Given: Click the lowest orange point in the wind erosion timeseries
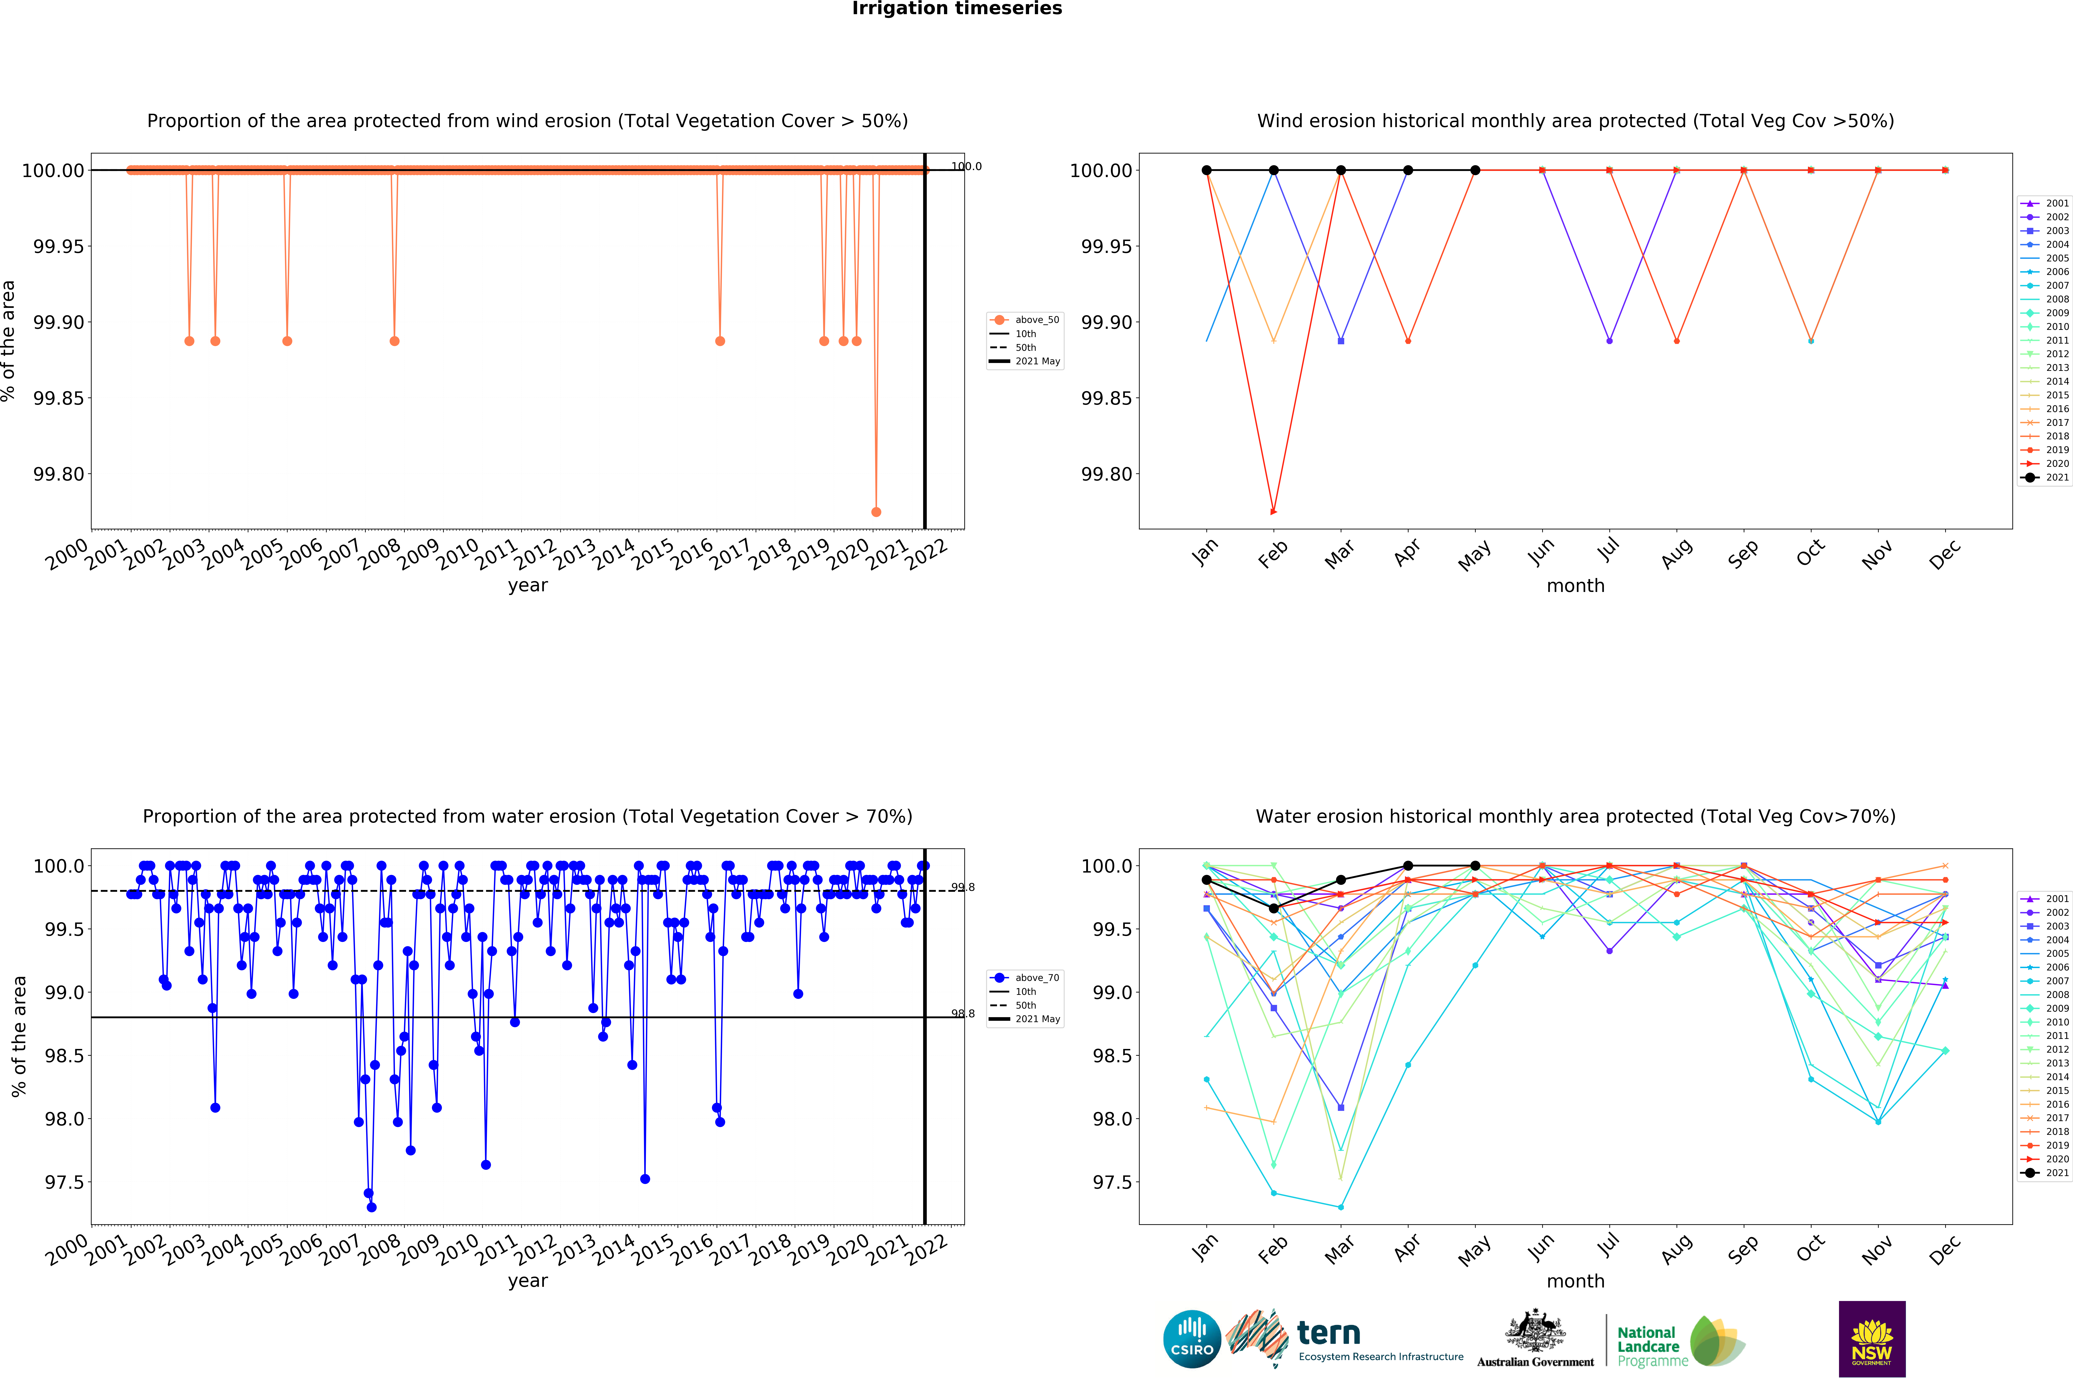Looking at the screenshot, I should coord(876,512).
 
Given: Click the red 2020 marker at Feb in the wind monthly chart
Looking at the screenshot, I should coord(1273,512).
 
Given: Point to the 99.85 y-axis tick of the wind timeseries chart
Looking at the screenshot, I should coord(60,398).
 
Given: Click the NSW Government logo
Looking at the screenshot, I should coord(1871,1339).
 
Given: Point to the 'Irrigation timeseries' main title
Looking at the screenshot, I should coord(957,9).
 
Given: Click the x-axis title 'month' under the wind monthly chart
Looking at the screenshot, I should coord(1575,585).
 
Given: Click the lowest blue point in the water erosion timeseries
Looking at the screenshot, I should coord(371,1207).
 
